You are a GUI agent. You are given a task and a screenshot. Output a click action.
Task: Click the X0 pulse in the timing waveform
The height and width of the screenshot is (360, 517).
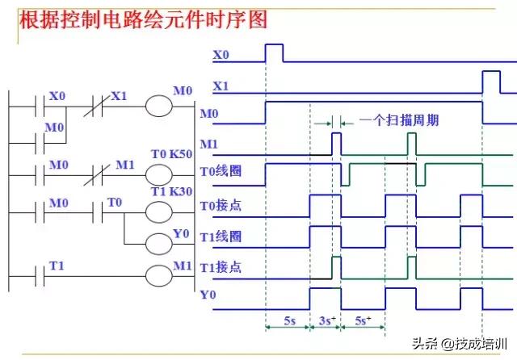coord(274,52)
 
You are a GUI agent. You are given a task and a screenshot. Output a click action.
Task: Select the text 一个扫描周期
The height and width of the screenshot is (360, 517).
coord(399,121)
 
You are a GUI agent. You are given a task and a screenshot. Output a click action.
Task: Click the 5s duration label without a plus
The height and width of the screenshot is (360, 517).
coord(288,320)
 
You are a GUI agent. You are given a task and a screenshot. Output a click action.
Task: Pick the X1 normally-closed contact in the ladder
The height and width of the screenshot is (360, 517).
coord(95,107)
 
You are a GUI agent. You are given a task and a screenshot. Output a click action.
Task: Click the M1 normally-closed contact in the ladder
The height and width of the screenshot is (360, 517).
coord(95,174)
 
